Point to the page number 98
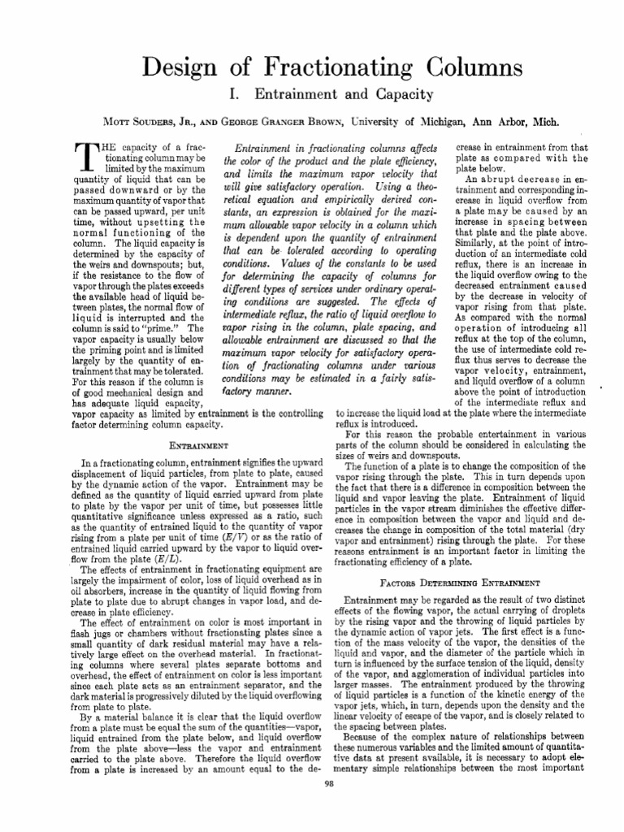(328, 806)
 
